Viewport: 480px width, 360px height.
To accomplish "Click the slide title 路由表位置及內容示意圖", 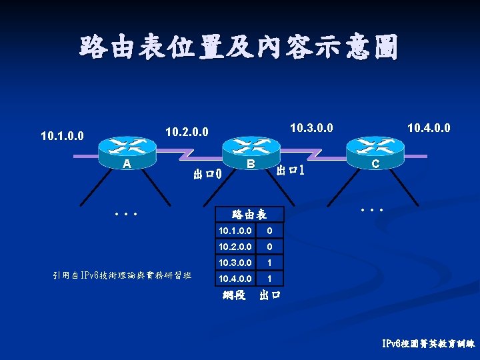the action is tap(239, 48).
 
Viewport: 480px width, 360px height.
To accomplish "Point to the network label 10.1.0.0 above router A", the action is tap(62, 136).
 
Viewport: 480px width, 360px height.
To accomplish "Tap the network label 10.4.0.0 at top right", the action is tap(429, 127).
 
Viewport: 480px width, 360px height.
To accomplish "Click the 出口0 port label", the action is tap(207, 175).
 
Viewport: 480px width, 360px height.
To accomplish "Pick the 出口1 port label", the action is tap(291, 170).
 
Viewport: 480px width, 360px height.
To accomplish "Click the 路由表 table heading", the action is tap(249, 215).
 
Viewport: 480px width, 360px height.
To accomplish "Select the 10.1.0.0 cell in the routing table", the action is tap(235, 231).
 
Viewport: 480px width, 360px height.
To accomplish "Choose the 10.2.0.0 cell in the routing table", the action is tap(235, 247).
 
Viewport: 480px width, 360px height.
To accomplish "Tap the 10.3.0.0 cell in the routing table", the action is tap(235, 263).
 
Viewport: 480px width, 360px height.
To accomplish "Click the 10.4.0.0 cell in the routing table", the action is tap(235, 278).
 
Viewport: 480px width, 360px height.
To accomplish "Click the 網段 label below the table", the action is tap(233, 295).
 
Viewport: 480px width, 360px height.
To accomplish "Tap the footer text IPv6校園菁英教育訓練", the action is tap(428, 344).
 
